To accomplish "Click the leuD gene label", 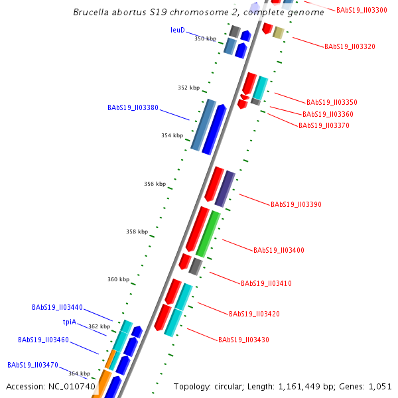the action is (x=177, y=30).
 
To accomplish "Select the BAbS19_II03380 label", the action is (x=133, y=107).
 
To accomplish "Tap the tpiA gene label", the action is (x=70, y=322).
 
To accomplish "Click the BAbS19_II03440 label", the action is (x=57, y=308).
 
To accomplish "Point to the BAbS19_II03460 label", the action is (x=43, y=340).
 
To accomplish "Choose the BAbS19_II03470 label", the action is (x=33, y=365).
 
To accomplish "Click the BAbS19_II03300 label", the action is (x=362, y=10).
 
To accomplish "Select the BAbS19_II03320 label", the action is (x=350, y=46).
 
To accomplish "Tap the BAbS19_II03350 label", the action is (x=332, y=102).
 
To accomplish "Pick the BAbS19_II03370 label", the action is (x=324, y=125).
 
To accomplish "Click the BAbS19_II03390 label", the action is (x=296, y=204).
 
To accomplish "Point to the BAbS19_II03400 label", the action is (x=279, y=250).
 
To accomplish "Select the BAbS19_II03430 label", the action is (x=243, y=340).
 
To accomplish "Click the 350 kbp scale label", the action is (x=205, y=38).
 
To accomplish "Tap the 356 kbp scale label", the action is (x=155, y=184).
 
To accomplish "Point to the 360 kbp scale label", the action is (x=118, y=279).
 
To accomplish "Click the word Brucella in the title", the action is (x=91, y=12).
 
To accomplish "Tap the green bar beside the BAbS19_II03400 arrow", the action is (x=208, y=233).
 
